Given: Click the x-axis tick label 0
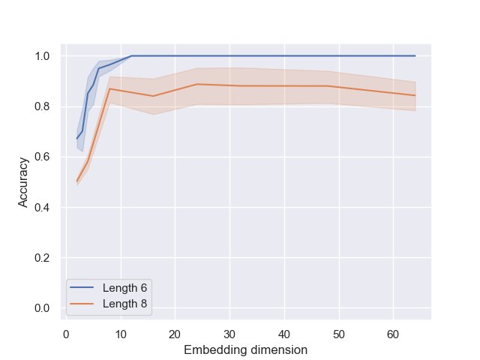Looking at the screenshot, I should click(66, 334).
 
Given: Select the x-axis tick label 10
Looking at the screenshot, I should click(120, 334).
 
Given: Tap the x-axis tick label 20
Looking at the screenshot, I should click(175, 334).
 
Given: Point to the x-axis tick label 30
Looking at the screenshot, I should click(229, 334).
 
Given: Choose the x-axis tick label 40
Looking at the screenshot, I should click(284, 334).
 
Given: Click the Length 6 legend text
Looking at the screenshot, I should click(114, 288).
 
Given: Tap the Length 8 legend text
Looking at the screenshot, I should click(114, 302).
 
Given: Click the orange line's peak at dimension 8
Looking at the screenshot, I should click(109, 88).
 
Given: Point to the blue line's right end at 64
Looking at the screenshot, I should click(415, 55).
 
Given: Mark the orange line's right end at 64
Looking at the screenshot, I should click(415, 95).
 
